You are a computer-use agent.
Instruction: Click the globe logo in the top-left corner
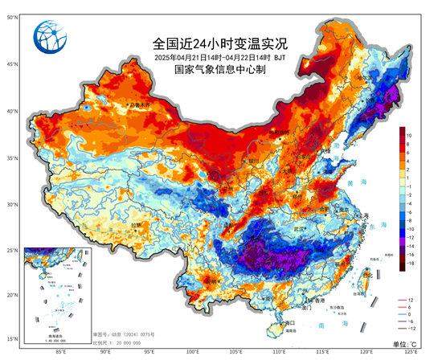click(x=47, y=37)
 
